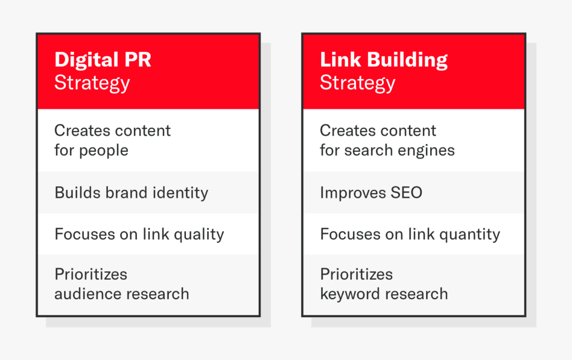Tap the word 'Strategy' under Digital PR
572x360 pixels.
pos(92,83)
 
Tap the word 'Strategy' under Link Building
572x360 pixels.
pos(357,83)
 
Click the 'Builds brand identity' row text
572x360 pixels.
pos(131,193)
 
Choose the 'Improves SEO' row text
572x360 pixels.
pos(371,193)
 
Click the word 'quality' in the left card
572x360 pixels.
pos(199,234)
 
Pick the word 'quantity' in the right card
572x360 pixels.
pos(469,234)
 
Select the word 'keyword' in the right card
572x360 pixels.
pos(350,294)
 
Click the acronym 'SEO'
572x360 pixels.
pos(407,193)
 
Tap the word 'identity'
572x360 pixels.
pos(180,193)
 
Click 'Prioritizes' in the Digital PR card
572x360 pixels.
pos(91,275)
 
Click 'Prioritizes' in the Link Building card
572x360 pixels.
pos(356,275)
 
